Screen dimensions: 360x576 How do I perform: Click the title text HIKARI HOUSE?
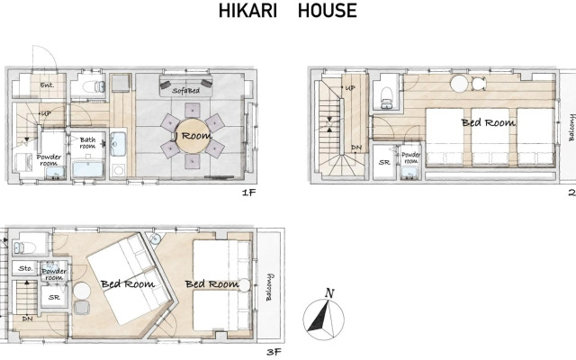(x=288, y=12)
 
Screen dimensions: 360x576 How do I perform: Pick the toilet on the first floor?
(x=88, y=86)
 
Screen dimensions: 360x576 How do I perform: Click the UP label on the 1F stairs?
(x=44, y=114)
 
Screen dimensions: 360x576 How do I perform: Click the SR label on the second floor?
(x=384, y=163)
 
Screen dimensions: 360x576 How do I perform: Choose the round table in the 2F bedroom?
(x=462, y=84)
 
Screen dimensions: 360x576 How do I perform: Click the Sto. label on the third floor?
(x=25, y=268)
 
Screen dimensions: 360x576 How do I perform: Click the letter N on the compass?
(x=330, y=292)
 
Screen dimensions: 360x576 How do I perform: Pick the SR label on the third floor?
(x=53, y=296)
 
